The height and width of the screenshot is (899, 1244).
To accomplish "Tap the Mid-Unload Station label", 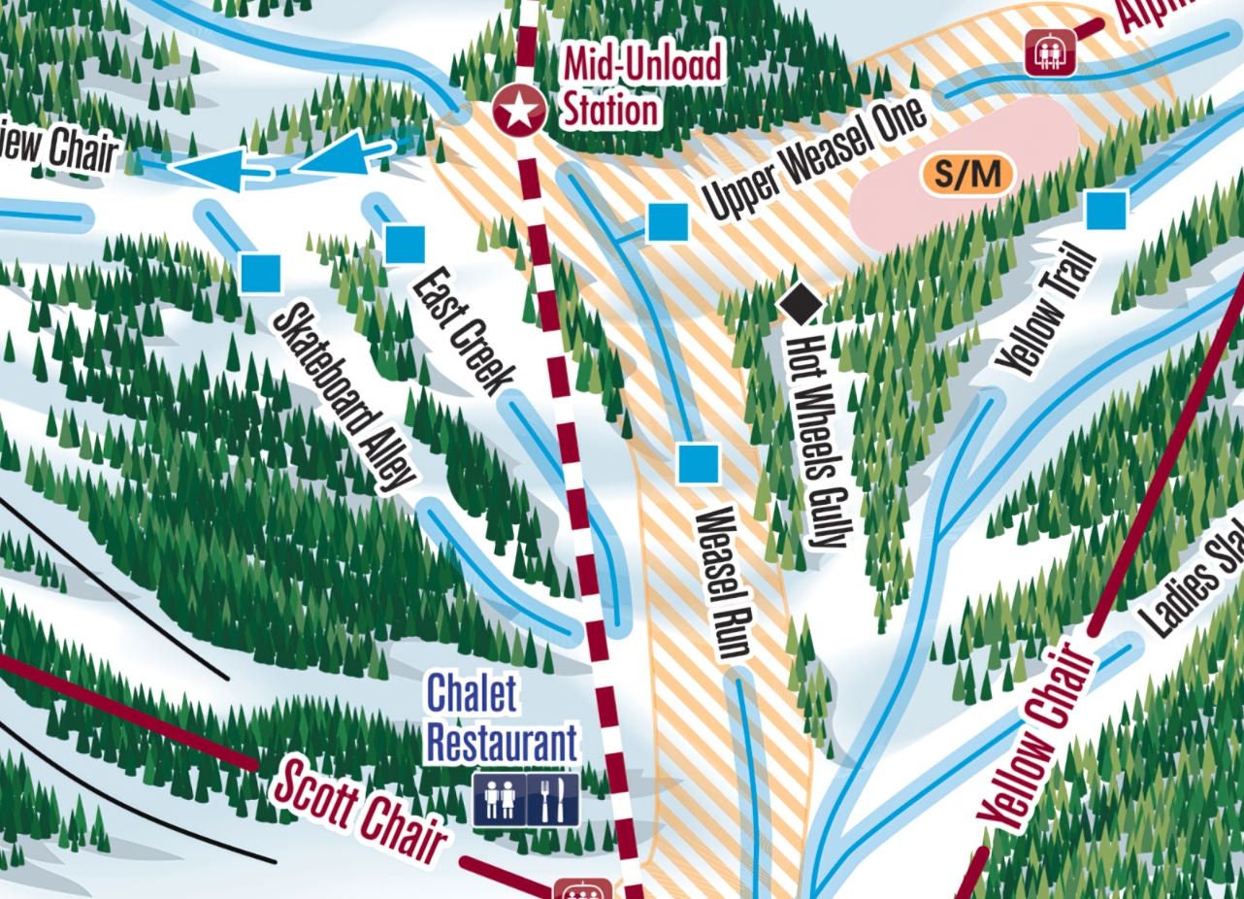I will (642, 88).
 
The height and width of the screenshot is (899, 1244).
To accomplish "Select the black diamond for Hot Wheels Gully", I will (802, 303).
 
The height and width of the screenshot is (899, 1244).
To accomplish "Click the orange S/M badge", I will (966, 175).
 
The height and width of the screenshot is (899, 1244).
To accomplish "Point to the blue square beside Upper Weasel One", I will (668, 222).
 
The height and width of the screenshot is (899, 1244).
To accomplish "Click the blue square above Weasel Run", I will (699, 463).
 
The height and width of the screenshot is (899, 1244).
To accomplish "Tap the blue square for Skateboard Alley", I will (261, 273).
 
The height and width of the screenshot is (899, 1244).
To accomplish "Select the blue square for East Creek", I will (405, 244).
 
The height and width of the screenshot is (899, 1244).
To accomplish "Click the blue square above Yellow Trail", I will (1106, 210).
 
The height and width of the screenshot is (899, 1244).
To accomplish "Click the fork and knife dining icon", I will (553, 800).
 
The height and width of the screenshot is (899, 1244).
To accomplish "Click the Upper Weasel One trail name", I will (815, 158).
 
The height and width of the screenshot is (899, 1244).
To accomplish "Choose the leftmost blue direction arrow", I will (215, 170).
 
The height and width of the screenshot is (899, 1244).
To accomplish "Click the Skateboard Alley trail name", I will (344, 396).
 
